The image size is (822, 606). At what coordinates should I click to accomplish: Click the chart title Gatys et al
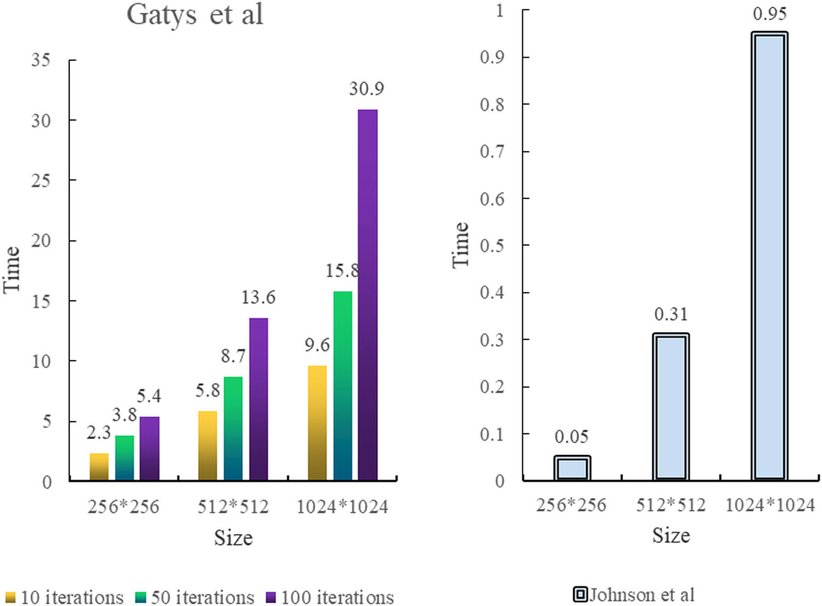pos(195,15)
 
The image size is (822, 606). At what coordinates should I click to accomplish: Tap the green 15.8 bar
pos(342,386)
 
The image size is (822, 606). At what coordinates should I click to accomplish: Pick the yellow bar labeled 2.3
pos(99,467)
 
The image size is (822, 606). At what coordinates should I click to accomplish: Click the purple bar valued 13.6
pos(259,399)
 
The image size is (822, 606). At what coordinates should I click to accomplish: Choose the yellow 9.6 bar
pos(317,423)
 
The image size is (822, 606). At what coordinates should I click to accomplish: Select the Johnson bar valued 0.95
pos(769,256)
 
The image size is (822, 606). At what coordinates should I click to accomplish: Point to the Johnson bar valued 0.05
pos(572,468)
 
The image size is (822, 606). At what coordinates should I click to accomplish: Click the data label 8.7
pos(233,356)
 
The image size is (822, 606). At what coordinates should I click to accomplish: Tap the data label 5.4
pos(149,396)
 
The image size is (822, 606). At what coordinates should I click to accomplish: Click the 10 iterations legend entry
pos(64,597)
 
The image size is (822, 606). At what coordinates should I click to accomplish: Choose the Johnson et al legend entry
pos(634,594)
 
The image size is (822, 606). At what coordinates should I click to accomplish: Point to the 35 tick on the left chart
pos(41,60)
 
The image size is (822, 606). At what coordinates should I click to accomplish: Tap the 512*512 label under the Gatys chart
pos(233,507)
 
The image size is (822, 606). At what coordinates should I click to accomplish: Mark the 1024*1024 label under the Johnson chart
pos(770,505)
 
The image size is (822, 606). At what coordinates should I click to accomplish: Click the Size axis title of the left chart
pos(233,538)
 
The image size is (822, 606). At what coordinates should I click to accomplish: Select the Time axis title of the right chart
pos(461,245)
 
